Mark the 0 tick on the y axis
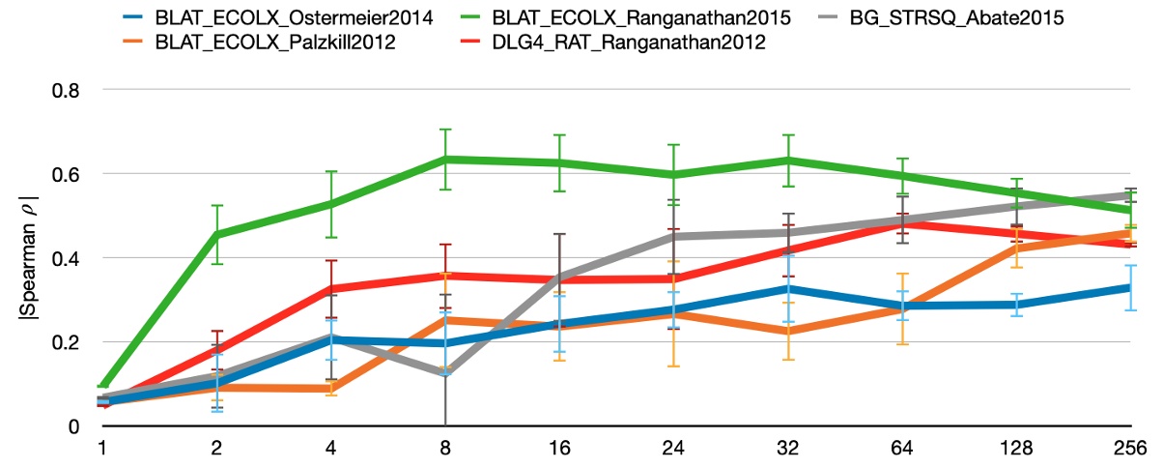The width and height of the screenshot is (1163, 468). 73,426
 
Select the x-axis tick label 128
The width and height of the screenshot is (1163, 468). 1019,449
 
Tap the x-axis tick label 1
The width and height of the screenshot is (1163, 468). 101,449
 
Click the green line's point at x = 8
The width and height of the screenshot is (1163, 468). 445,160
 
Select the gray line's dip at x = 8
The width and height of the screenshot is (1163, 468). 445,373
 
